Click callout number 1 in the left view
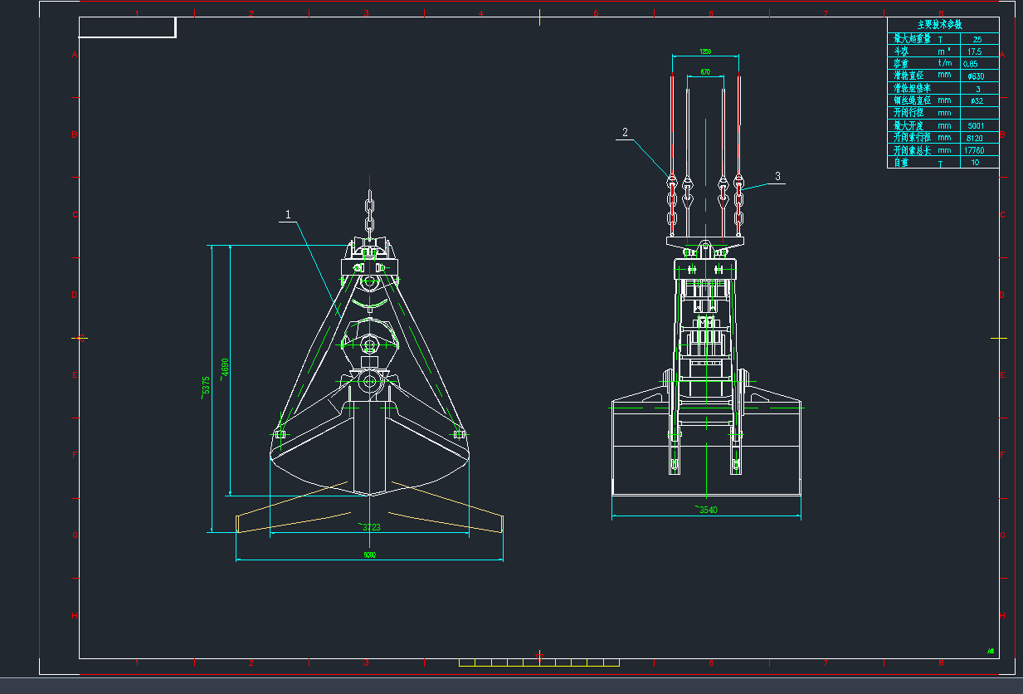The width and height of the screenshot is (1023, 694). coord(288,214)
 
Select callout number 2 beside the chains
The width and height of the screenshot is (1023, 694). coord(625,132)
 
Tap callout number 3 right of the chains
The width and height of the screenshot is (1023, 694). coord(777,176)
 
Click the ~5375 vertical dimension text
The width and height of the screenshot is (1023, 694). coord(205,388)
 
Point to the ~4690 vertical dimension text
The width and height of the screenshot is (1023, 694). coord(223,369)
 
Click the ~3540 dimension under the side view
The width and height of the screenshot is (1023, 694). coord(705,510)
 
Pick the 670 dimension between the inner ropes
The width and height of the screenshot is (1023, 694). coord(704,72)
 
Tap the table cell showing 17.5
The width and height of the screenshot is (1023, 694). coord(974,51)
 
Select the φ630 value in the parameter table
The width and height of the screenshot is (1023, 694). coord(976,76)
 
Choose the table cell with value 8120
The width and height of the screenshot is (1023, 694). coord(974,138)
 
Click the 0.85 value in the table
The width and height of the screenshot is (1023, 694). coord(970,64)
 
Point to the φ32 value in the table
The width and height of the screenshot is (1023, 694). coord(977,101)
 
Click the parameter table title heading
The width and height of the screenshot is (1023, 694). coord(942,26)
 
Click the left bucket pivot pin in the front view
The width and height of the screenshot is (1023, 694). coord(279,433)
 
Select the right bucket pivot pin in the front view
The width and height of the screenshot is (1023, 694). coord(459,433)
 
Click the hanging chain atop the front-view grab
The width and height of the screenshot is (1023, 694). coord(369,217)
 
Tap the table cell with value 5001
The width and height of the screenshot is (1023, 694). coord(976,126)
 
